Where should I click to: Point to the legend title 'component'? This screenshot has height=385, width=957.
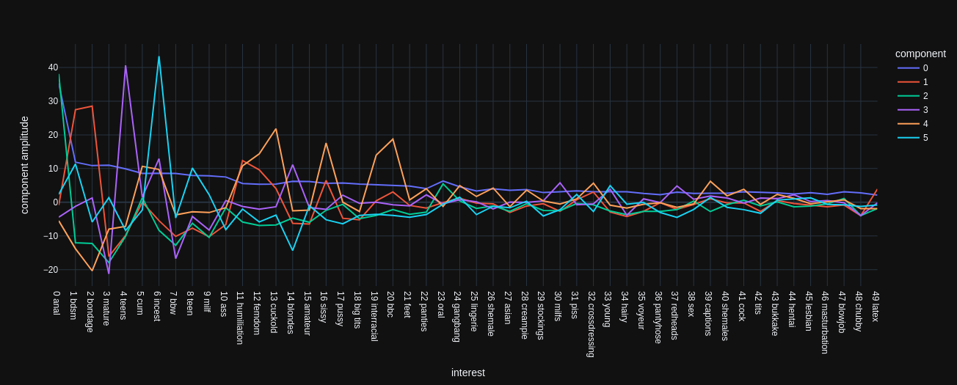point(920,54)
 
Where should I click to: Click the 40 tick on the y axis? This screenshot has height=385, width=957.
point(53,67)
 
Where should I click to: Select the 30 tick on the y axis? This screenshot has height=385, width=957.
point(53,101)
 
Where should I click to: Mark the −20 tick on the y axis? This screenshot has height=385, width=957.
point(50,270)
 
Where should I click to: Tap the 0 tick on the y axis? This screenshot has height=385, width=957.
point(55,202)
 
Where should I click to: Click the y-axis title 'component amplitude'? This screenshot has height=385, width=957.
point(24,165)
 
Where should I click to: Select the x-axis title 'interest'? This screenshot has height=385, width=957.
point(467,373)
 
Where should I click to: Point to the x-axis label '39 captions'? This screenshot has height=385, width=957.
point(708,313)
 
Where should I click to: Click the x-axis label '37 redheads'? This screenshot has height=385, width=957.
point(674,315)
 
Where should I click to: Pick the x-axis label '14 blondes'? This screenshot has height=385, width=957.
point(291,312)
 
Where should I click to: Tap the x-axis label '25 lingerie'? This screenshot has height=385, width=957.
point(474,311)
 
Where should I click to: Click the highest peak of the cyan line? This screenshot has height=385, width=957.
point(159,56)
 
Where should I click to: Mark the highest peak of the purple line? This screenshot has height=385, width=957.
point(125,66)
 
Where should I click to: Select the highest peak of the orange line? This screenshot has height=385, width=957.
point(276,129)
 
